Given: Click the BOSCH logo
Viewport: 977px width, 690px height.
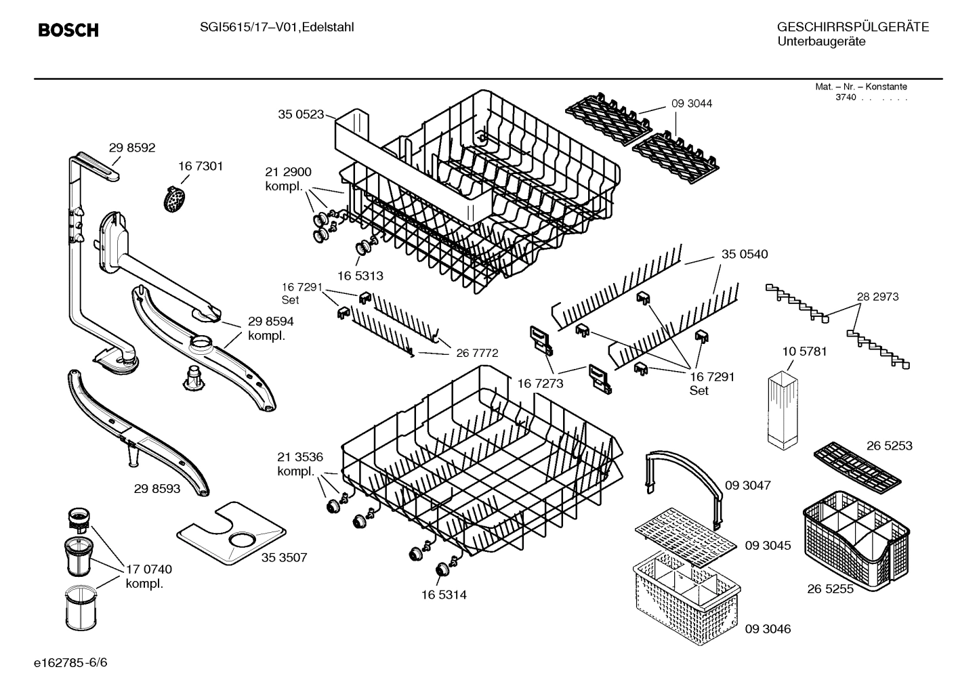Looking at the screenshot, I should tap(68, 30).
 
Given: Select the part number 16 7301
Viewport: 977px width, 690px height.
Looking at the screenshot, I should tap(201, 167).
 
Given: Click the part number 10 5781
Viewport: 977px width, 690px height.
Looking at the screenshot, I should tap(804, 352).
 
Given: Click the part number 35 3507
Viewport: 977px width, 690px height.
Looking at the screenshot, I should tap(284, 558).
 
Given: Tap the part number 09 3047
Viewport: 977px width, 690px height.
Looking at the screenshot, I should tap(748, 486).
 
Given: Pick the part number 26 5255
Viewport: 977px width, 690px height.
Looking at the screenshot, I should tap(830, 589).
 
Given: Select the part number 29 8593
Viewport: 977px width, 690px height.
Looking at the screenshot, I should tap(157, 488).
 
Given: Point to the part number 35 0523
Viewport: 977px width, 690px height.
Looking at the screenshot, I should tap(301, 114).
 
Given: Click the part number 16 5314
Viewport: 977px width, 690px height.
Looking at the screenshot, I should tap(444, 595).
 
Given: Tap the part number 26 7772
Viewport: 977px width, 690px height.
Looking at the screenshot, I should tap(477, 353).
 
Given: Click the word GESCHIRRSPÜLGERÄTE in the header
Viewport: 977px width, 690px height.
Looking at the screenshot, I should tap(852, 28).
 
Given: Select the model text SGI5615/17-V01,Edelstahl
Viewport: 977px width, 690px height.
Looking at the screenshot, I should tap(277, 27).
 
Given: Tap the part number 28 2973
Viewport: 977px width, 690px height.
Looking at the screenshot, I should tap(877, 297).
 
